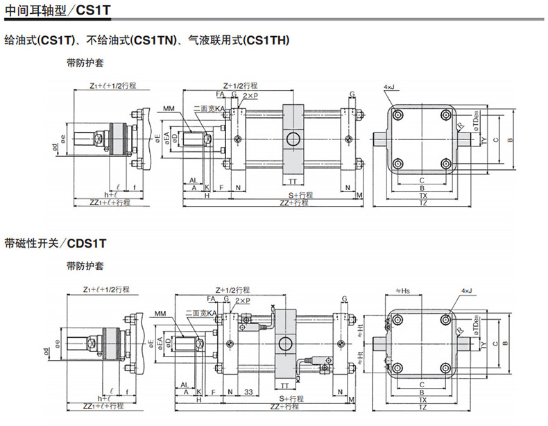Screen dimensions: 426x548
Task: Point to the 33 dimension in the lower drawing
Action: click(x=248, y=392)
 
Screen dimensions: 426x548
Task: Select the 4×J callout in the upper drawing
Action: click(x=388, y=87)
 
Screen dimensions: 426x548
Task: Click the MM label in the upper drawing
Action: click(x=169, y=109)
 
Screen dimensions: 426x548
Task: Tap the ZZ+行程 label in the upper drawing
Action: click(x=293, y=203)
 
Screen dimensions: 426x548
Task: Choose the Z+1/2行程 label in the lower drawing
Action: click(x=236, y=289)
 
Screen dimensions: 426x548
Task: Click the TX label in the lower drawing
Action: click(x=423, y=399)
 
